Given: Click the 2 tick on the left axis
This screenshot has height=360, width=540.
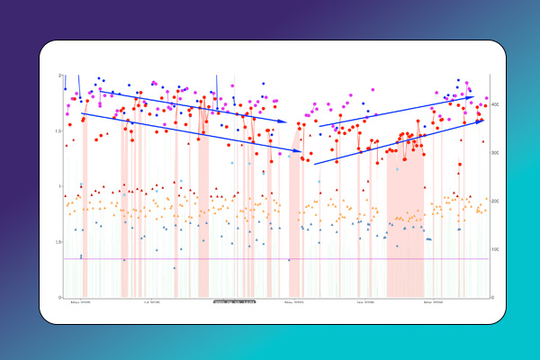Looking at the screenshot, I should [x=59, y=76].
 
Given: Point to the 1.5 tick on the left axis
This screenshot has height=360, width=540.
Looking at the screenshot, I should [x=58, y=131].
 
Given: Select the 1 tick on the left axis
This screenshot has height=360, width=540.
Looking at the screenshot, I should [x=59, y=187].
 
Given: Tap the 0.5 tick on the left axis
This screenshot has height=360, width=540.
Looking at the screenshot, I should [x=58, y=242].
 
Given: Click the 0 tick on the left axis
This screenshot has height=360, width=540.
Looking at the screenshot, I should [x=59, y=297].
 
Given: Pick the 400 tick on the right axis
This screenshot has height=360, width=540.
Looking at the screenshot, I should [x=496, y=105].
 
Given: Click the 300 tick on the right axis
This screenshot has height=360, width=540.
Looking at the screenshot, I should [x=496, y=153].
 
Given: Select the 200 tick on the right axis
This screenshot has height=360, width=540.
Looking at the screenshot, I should [x=496, y=202].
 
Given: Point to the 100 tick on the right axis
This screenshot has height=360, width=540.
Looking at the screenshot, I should [x=496, y=249].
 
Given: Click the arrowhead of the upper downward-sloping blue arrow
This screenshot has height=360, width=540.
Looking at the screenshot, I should [x=286, y=121].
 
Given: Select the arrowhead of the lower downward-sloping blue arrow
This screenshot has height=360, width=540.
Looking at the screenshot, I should [x=306, y=153].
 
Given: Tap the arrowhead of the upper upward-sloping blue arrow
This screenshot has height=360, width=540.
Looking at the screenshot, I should [x=472, y=96].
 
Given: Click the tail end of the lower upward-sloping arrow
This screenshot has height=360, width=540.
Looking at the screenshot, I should [x=314, y=164].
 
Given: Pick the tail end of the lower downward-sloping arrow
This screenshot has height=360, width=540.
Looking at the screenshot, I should [x=83, y=112].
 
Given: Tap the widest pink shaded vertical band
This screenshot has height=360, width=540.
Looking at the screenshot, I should [x=404, y=225].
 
